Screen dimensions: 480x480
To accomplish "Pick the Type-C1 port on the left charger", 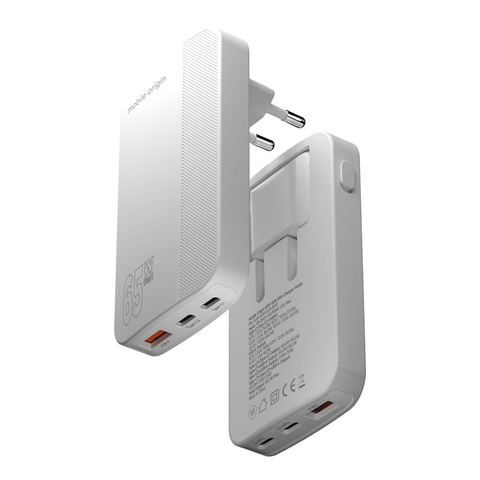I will tap(211, 303).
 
